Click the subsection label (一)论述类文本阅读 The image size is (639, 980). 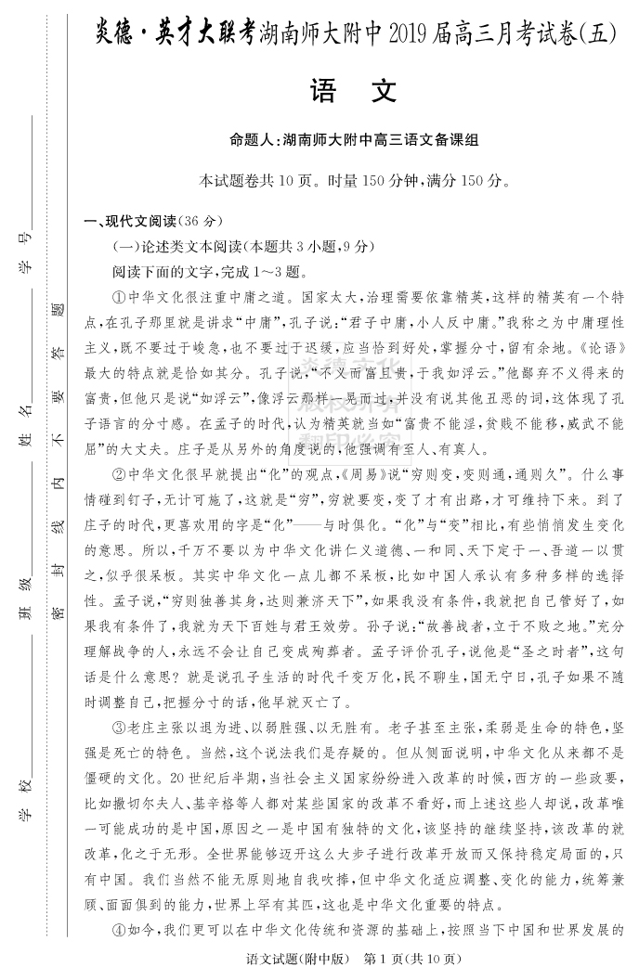pos(177,247)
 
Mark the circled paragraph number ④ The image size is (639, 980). pos(118,931)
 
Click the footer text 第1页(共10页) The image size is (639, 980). pos(413,959)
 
